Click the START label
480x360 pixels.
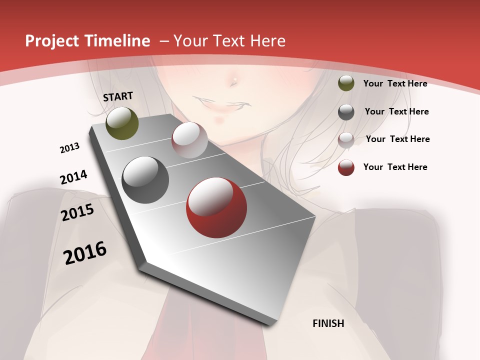click(x=118, y=96)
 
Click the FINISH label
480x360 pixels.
click(x=328, y=323)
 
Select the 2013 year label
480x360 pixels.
click(x=69, y=148)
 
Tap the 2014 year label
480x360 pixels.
click(x=73, y=177)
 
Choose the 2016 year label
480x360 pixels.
click(x=85, y=253)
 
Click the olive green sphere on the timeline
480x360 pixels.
click(x=122, y=123)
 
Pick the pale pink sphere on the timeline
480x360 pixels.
click(x=189, y=140)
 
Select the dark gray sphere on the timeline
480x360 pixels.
click(x=145, y=180)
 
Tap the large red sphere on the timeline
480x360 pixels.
click(x=216, y=207)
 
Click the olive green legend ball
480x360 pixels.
click(x=346, y=83)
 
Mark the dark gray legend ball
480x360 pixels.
click(x=346, y=112)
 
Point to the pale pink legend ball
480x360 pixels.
click(x=346, y=140)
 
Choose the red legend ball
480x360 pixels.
click(x=346, y=167)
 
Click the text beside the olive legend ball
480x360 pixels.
click(x=395, y=83)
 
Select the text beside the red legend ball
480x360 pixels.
click(x=395, y=167)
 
